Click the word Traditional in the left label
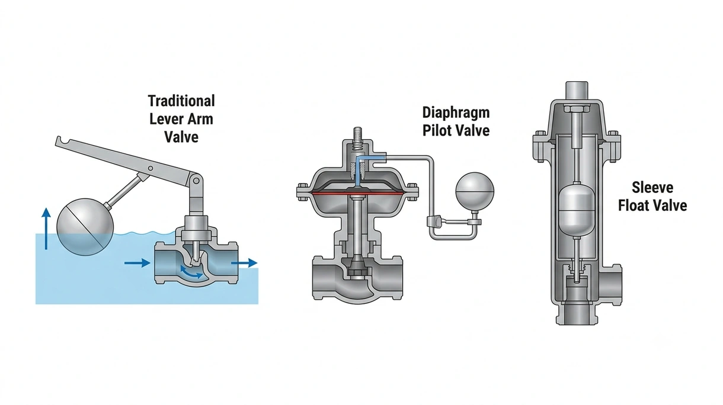point(181,101)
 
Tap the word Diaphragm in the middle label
point(456,113)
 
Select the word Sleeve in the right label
point(652,188)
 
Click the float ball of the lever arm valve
point(85,227)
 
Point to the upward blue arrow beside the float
point(46,229)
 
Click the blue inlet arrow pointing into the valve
point(137,263)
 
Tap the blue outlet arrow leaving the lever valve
point(244,263)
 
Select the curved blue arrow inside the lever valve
point(191,272)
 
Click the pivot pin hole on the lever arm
point(150,168)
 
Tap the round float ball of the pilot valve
point(475,191)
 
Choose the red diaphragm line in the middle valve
point(357,193)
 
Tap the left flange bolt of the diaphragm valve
point(302,192)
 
